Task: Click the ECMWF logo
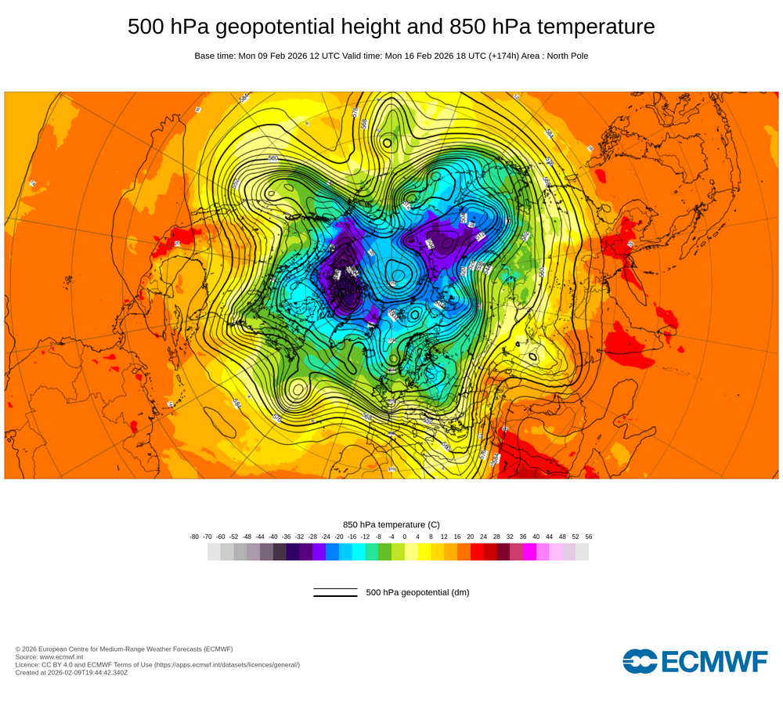(x=695, y=661)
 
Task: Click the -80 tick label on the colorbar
(x=194, y=537)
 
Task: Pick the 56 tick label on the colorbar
(x=589, y=537)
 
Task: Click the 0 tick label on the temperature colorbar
(x=405, y=537)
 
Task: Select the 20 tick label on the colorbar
(x=471, y=537)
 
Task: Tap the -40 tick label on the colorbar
(x=273, y=537)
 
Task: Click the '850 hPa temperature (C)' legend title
(x=391, y=524)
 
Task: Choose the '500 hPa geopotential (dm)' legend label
(x=417, y=592)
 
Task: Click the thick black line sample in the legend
(x=335, y=595)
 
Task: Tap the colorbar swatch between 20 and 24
(x=477, y=551)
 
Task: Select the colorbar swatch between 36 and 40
(x=529, y=551)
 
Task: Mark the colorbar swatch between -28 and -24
(x=319, y=551)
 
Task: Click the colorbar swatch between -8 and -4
(x=384, y=551)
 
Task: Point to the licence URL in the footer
(x=227, y=664)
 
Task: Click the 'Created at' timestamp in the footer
(x=71, y=672)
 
